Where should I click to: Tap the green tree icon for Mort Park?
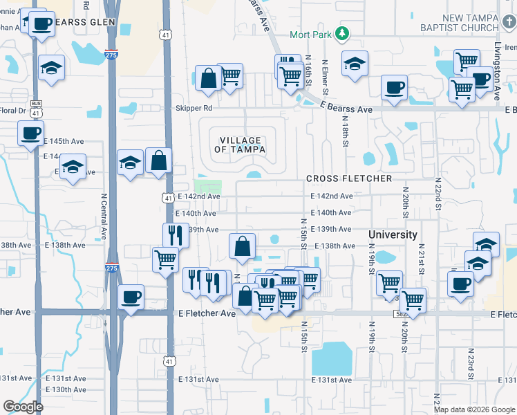[x=341, y=34]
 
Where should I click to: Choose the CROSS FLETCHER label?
[x=349, y=178]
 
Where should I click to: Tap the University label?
[x=393, y=234]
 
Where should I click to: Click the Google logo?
[x=22, y=407]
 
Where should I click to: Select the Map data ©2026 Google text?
[x=473, y=409]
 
